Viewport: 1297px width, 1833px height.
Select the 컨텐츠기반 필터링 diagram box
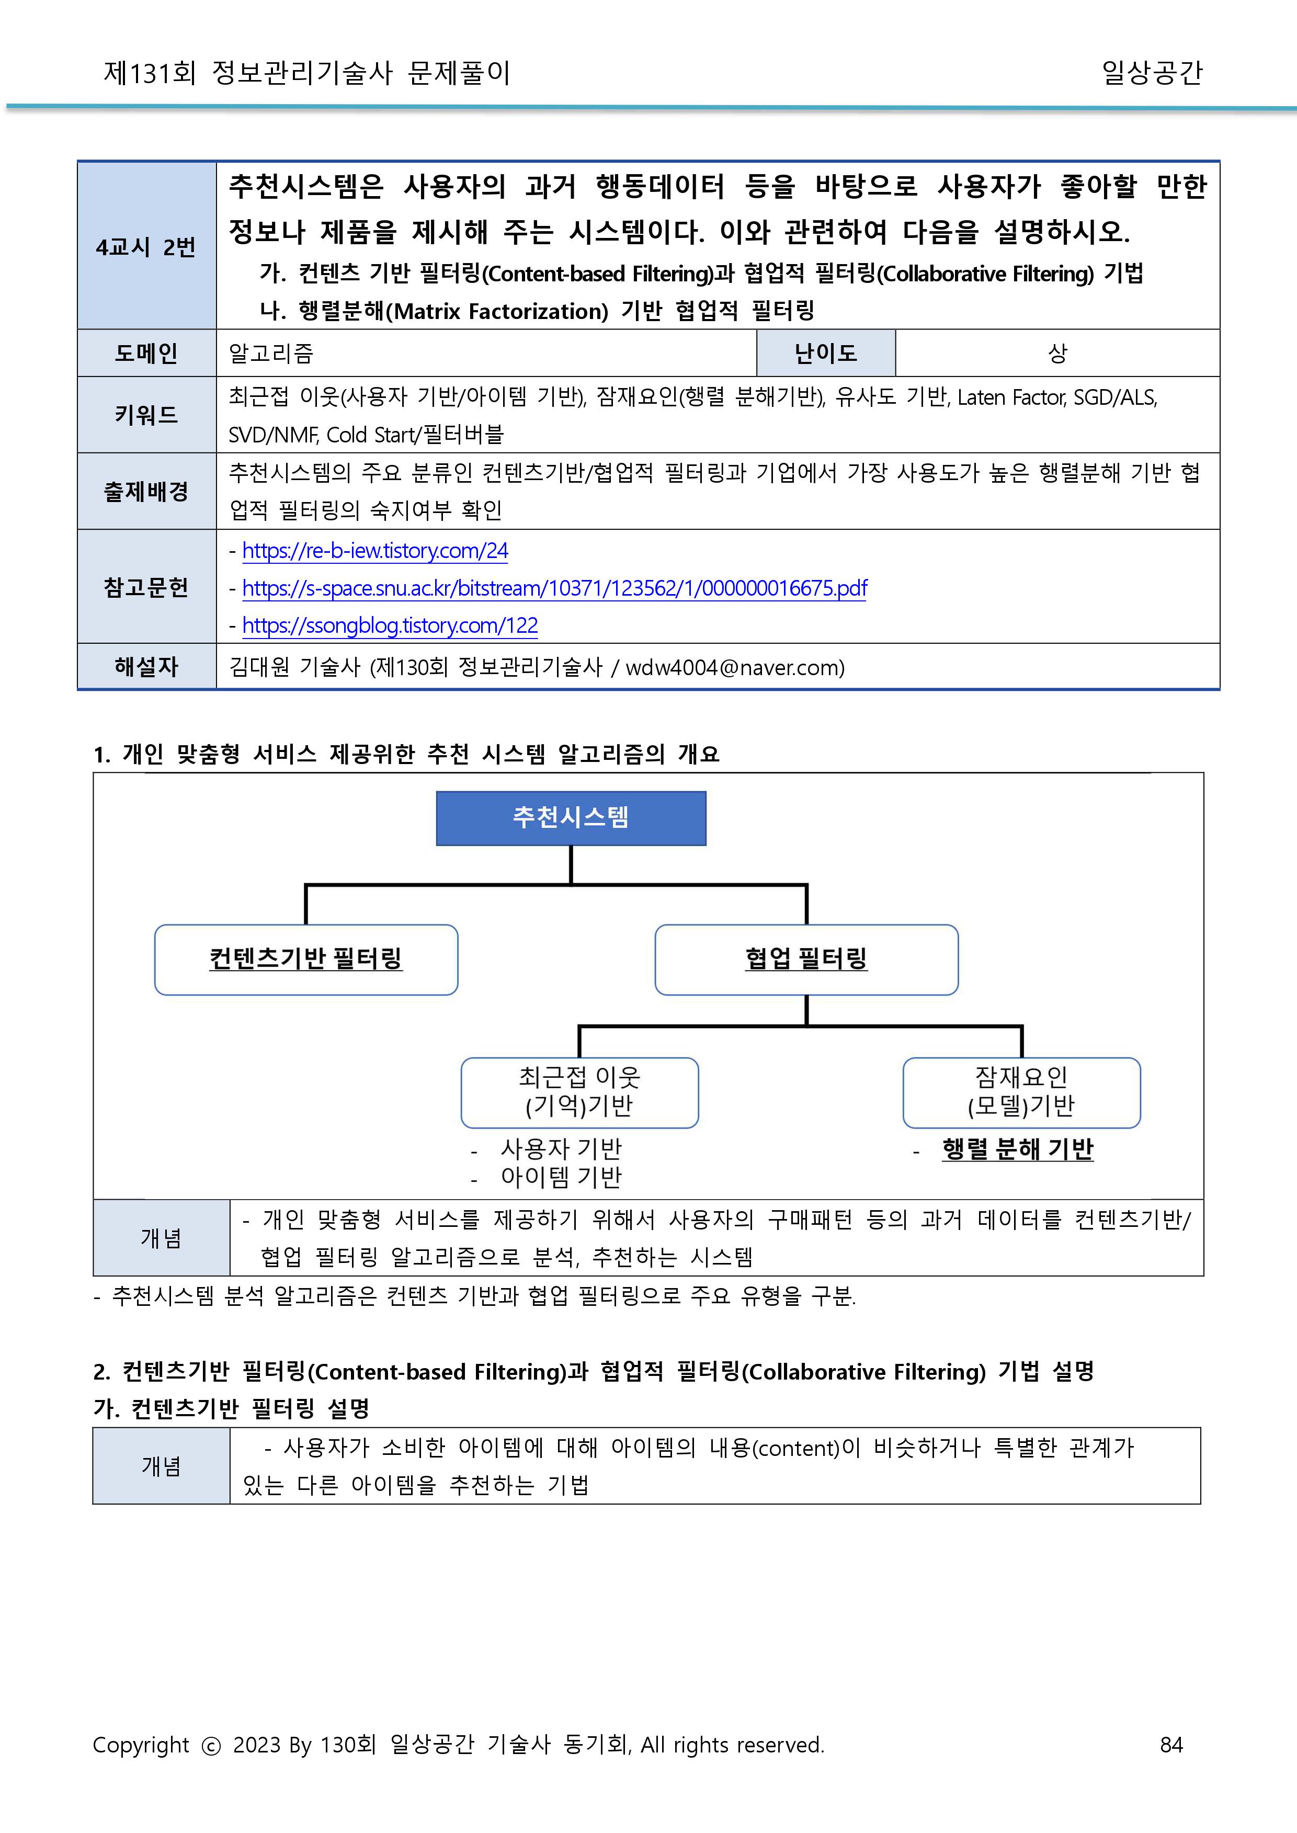pyautogui.click(x=306, y=959)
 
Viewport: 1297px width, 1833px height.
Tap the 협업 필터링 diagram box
pyautogui.click(x=806, y=959)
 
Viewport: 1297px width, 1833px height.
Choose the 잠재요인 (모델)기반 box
pyautogui.click(x=1021, y=1092)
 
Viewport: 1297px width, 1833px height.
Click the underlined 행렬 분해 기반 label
pyautogui.click(x=1018, y=1149)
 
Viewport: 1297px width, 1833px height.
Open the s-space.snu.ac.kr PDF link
pyautogui.click(x=554, y=589)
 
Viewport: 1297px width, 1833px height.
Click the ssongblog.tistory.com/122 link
pyautogui.click(x=390, y=626)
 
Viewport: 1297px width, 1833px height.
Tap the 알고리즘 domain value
pyautogui.click(x=271, y=353)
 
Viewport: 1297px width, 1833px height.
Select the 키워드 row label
pyautogui.click(x=146, y=415)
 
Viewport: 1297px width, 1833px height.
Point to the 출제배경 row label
pyautogui.click(x=146, y=491)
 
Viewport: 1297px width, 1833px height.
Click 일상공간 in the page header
pyautogui.click(x=1151, y=73)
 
